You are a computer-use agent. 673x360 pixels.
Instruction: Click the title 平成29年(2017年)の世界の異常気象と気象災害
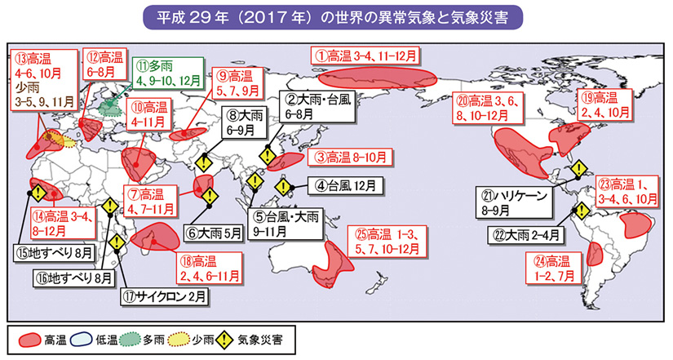tap(336, 17)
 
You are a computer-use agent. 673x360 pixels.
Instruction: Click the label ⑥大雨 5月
tap(214, 233)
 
